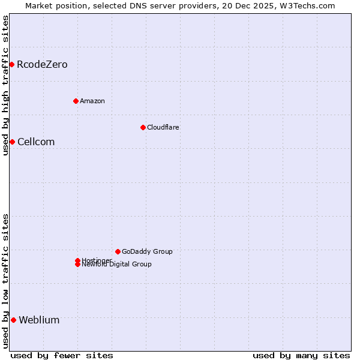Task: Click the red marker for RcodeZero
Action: point(11,64)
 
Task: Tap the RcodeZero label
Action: point(42,65)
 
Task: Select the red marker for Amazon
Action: point(76,101)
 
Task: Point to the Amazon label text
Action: point(92,101)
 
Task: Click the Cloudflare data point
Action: point(143,127)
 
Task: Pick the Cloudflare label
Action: point(163,127)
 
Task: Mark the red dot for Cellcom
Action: point(12,142)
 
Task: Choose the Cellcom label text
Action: point(36,142)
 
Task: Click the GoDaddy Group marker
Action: point(118,251)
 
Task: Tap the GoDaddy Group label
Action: point(147,251)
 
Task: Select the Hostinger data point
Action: point(77,260)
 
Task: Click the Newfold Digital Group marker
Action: point(77,265)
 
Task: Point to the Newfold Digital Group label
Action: point(116,265)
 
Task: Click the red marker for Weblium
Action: point(13,320)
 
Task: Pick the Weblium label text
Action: point(39,320)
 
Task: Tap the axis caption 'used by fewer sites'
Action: point(62,355)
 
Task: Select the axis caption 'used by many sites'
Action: point(301,355)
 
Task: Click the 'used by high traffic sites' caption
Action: point(5,85)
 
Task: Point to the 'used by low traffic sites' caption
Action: point(5,281)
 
